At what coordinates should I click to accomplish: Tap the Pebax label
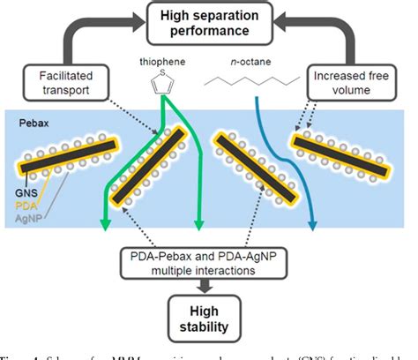(x=32, y=124)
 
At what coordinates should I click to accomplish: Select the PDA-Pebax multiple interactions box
(x=209, y=262)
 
